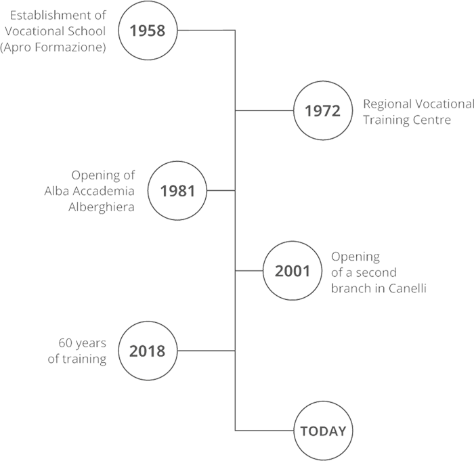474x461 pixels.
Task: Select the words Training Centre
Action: point(407,120)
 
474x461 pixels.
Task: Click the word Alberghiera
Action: point(102,207)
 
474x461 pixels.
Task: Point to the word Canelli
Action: point(408,288)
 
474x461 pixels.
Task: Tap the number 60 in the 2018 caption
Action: point(65,343)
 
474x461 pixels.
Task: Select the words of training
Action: point(77,359)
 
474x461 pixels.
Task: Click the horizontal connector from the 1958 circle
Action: point(206,30)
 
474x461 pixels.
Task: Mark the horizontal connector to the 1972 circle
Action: point(264,110)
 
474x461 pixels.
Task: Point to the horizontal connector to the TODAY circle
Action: point(264,431)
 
